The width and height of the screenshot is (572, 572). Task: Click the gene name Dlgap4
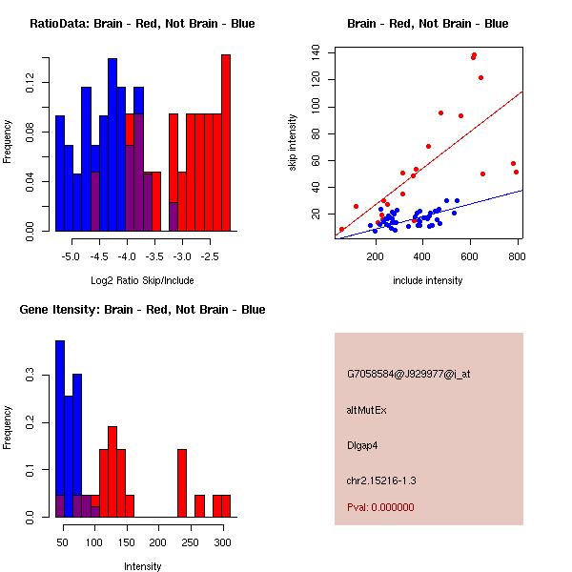[x=362, y=446]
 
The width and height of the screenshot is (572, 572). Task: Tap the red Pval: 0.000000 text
[x=380, y=507]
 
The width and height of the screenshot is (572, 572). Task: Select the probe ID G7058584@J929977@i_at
[x=409, y=375]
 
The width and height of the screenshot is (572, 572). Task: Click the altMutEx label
[x=366, y=410]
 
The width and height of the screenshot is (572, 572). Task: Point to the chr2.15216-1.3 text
[x=381, y=480]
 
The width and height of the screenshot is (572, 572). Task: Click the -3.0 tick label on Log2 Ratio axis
[x=182, y=256]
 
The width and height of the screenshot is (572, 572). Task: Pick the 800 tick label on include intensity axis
[x=517, y=256]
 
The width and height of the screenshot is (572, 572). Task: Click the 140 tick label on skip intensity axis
[x=315, y=53]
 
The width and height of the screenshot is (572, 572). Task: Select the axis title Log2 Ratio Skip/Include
[x=142, y=280]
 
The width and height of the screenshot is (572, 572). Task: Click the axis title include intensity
[x=427, y=280]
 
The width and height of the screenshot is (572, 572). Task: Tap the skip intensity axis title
[x=293, y=142]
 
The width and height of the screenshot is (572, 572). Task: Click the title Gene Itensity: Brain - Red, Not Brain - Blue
[x=142, y=310]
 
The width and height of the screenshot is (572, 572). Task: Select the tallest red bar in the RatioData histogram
[x=226, y=143]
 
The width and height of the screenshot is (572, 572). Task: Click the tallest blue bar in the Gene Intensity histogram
[x=60, y=429]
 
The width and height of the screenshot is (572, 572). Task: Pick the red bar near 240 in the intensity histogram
[x=182, y=483]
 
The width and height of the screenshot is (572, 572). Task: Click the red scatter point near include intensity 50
[x=341, y=230]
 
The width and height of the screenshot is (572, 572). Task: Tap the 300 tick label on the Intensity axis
[x=222, y=542]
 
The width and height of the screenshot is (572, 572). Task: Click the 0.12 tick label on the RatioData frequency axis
[x=30, y=82]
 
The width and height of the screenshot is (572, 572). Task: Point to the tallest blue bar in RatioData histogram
[x=112, y=145]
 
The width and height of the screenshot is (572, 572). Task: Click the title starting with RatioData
[x=142, y=24]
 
